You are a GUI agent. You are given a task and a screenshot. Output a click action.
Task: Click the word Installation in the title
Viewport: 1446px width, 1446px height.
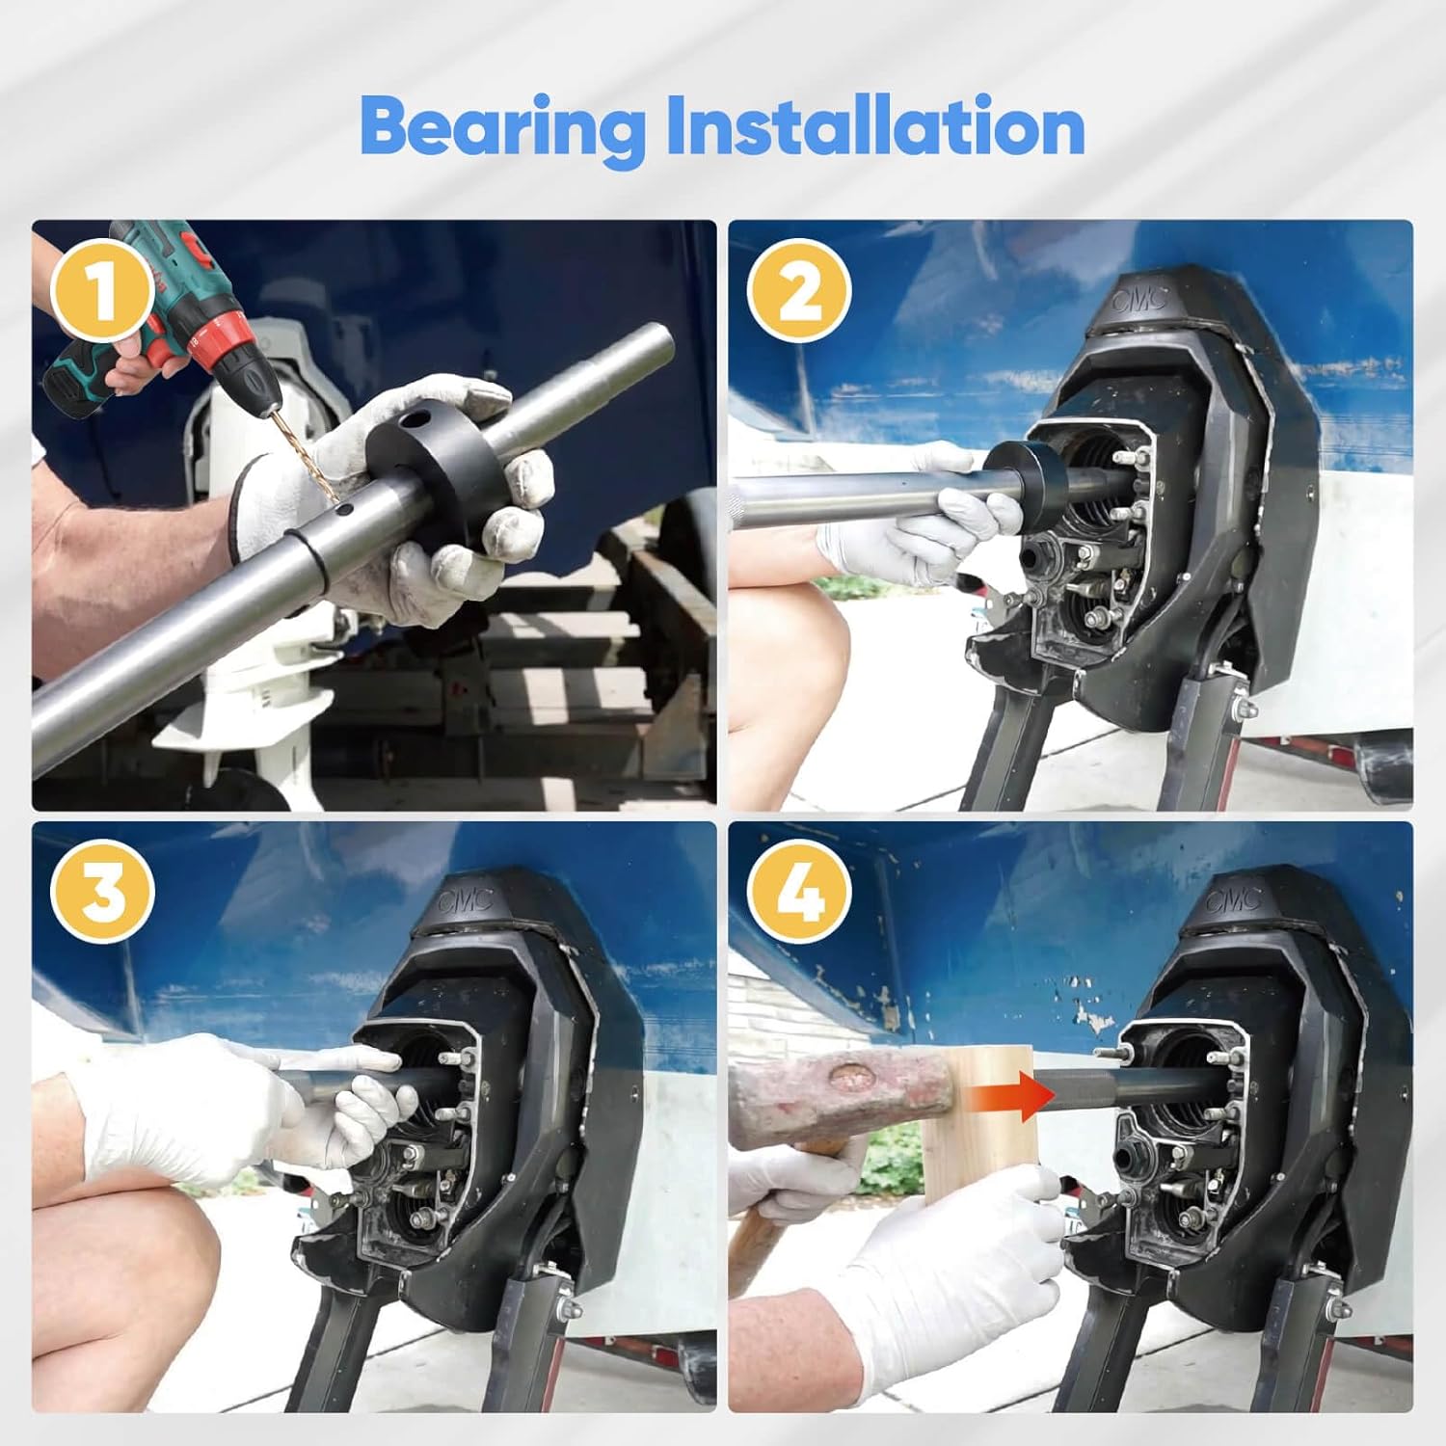tap(875, 125)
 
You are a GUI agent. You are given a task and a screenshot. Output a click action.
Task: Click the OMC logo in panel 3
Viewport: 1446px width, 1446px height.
tap(466, 901)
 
